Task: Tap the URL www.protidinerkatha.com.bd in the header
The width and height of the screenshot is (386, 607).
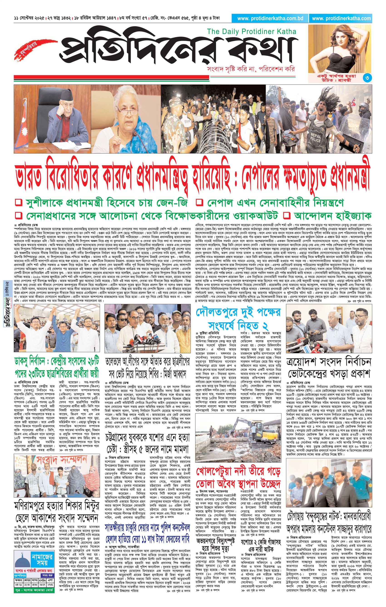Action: coord(270,18)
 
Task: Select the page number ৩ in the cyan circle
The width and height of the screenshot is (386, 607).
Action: coord(367,78)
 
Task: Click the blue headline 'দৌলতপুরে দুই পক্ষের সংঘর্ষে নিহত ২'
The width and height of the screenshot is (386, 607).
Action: coord(238,318)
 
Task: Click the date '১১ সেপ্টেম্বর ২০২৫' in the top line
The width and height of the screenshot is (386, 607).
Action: coord(29,18)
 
